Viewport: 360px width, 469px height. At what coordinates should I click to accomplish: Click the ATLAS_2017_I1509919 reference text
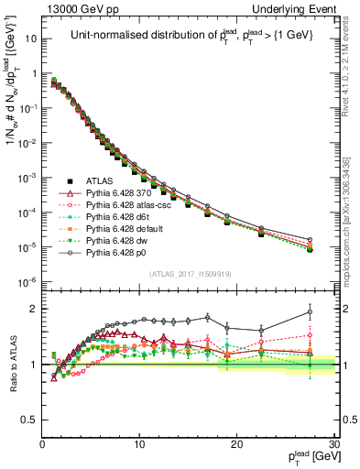tap(189, 273)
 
